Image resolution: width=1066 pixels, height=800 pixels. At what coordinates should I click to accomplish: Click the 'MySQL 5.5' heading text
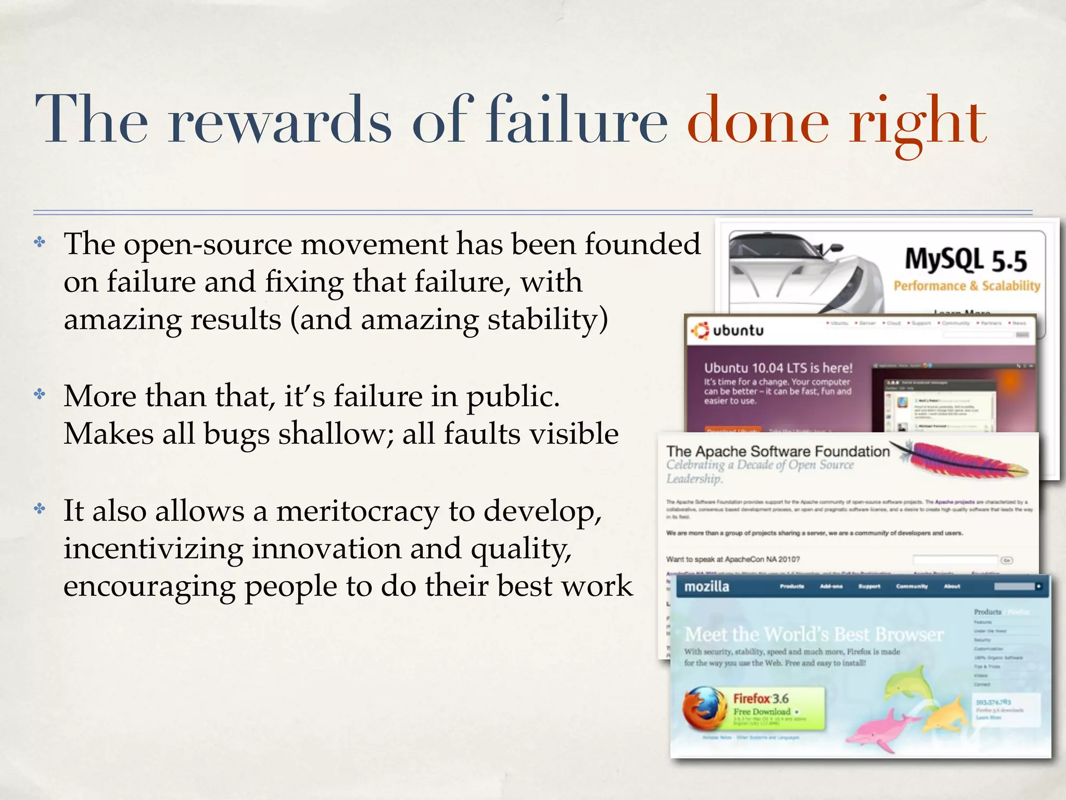966,260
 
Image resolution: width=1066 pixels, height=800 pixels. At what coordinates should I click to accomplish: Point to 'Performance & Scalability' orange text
967,285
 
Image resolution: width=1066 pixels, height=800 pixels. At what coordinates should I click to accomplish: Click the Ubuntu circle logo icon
699,330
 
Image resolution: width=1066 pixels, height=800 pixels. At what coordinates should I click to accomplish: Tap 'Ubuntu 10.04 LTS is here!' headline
778,368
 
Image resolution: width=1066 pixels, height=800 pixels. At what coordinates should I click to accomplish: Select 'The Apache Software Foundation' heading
778,451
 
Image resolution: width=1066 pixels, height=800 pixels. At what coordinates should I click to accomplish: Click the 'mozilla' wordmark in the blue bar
706,586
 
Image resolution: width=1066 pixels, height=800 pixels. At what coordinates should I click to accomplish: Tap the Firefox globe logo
704,708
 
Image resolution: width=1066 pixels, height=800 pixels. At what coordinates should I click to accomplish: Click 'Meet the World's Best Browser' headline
814,634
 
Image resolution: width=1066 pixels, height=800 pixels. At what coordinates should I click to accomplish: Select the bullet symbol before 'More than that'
40,394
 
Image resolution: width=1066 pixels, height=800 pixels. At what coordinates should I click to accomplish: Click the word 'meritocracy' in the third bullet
358,511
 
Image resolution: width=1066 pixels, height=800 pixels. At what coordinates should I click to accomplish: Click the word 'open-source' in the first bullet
208,244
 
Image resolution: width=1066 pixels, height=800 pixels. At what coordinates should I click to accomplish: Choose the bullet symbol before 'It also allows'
40,508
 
